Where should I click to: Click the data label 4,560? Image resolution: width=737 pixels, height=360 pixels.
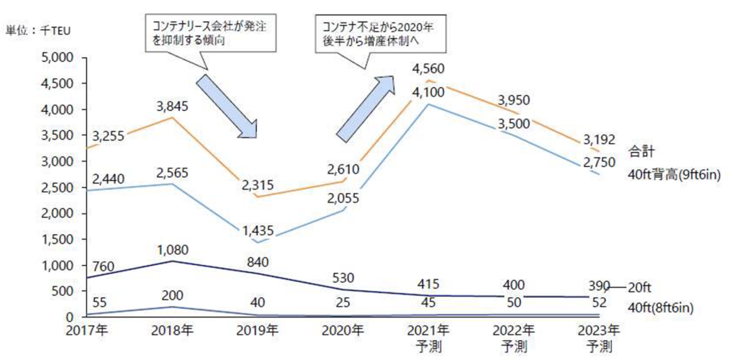[x=429, y=70]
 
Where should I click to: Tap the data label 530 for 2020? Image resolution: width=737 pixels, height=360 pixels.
[x=344, y=276]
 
